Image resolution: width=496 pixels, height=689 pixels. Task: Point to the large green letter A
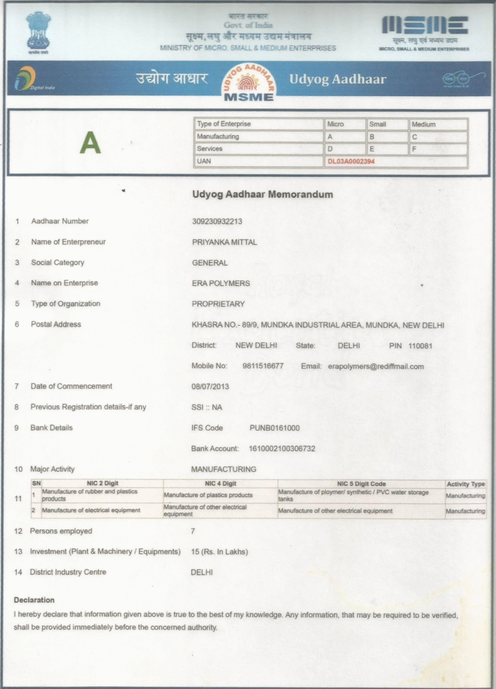(x=90, y=142)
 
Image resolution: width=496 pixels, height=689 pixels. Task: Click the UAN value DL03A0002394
(x=351, y=161)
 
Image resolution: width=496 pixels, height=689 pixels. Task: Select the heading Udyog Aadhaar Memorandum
(x=262, y=194)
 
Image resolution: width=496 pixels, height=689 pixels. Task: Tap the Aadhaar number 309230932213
(x=217, y=221)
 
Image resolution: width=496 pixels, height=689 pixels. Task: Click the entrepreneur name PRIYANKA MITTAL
(x=224, y=242)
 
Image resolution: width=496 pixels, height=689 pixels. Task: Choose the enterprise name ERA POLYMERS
(x=220, y=283)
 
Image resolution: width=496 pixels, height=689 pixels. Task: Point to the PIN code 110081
(x=420, y=346)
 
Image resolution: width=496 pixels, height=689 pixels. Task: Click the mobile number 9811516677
(x=263, y=367)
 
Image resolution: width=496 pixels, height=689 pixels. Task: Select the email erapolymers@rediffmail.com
(x=376, y=367)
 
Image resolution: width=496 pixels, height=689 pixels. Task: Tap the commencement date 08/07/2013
(x=210, y=387)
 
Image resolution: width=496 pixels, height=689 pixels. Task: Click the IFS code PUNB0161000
(x=274, y=428)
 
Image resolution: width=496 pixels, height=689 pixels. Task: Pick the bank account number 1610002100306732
(x=282, y=449)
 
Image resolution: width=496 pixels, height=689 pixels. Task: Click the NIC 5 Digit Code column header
(x=361, y=484)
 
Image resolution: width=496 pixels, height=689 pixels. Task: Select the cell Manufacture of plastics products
(x=208, y=495)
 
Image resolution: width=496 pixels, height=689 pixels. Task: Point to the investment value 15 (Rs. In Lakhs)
(x=219, y=552)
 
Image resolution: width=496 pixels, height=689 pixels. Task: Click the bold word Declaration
(x=34, y=600)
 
